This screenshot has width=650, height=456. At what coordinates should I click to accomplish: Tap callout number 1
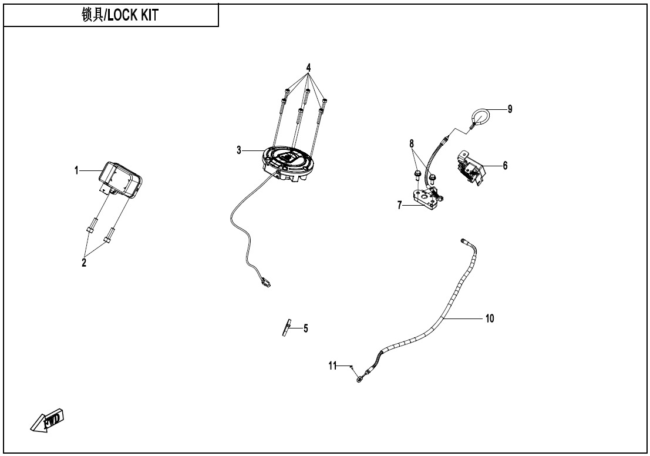[76, 170]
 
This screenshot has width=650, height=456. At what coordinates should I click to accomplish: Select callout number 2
[84, 263]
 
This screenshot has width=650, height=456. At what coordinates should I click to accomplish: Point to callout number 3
[239, 150]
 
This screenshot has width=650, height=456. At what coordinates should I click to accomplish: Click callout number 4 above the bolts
[308, 67]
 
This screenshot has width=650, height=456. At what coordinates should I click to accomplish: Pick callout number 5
[305, 328]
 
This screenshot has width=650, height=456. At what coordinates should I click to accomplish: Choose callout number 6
[505, 166]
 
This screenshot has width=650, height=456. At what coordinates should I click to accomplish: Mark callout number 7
[400, 206]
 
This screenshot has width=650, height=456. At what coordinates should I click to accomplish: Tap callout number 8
[412, 144]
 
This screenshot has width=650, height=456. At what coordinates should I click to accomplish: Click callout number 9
[510, 109]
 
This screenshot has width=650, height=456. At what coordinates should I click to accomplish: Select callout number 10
[490, 318]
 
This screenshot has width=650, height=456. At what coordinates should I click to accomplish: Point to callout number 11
[332, 366]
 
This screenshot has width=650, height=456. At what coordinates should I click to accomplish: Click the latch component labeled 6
[470, 168]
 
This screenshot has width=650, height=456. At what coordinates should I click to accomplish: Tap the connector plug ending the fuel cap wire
[264, 282]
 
